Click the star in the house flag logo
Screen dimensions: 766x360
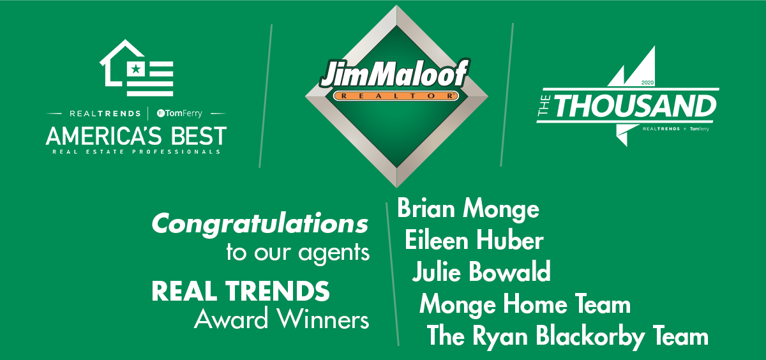pyautogui.click(x=136, y=70)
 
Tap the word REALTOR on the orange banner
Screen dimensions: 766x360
pyautogui.click(x=396, y=96)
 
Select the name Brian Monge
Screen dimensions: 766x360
pyautogui.click(x=468, y=209)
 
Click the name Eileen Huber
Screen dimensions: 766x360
pyautogui.click(x=474, y=240)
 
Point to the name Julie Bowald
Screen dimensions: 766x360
pyautogui.click(x=481, y=271)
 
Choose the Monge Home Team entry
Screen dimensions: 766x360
pyautogui.click(x=525, y=304)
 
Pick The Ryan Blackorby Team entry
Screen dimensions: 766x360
pyautogui.click(x=567, y=336)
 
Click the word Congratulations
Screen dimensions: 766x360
pyautogui.click(x=260, y=225)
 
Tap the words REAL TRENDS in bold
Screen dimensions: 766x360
pyautogui.click(x=241, y=291)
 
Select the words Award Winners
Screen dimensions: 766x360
pyautogui.click(x=282, y=319)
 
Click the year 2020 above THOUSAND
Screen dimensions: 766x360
pyautogui.click(x=647, y=82)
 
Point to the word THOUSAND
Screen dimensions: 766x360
pyautogui.click(x=635, y=107)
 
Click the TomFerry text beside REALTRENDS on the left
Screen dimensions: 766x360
pyautogui.click(x=179, y=113)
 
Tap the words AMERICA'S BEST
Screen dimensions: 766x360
pyautogui.click(x=136, y=136)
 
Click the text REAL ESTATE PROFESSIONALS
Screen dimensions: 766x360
pyautogui.click(x=136, y=152)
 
